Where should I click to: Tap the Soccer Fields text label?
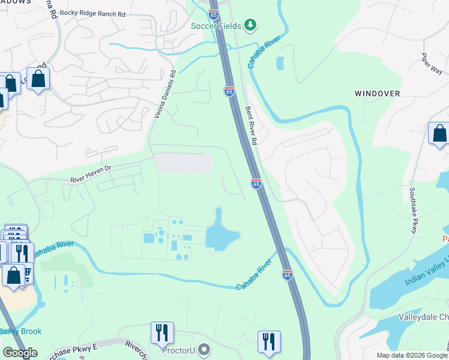point(216,25)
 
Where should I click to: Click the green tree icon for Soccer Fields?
point(250,25)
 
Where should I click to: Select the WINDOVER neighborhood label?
point(377,94)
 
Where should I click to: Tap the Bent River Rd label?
point(250,125)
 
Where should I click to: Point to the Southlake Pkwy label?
point(413,209)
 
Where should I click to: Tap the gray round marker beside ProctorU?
point(205,349)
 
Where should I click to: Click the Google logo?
point(20,353)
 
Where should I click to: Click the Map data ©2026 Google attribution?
point(411,355)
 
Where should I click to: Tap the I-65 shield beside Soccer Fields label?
point(214,13)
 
